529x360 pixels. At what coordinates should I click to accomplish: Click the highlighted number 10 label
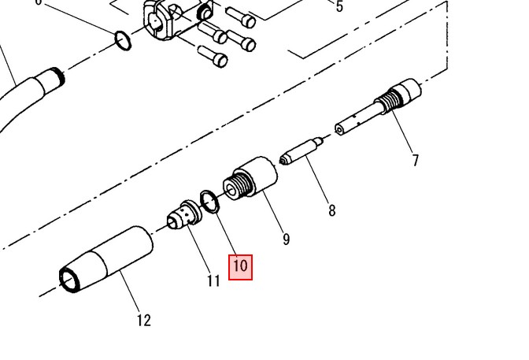click(x=240, y=267)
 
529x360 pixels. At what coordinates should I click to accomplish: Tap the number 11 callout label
click(x=213, y=280)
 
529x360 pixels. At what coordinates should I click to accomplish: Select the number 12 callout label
click(x=144, y=320)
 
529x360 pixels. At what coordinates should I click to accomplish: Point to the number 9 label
click(x=286, y=239)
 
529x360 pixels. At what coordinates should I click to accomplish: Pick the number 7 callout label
click(x=415, y=160)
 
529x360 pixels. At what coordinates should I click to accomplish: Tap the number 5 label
click(x=339, y=6)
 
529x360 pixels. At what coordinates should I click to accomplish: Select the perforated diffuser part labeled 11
click(x=184, y=215)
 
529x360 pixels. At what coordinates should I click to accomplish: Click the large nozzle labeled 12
click(x=106, y=259)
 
